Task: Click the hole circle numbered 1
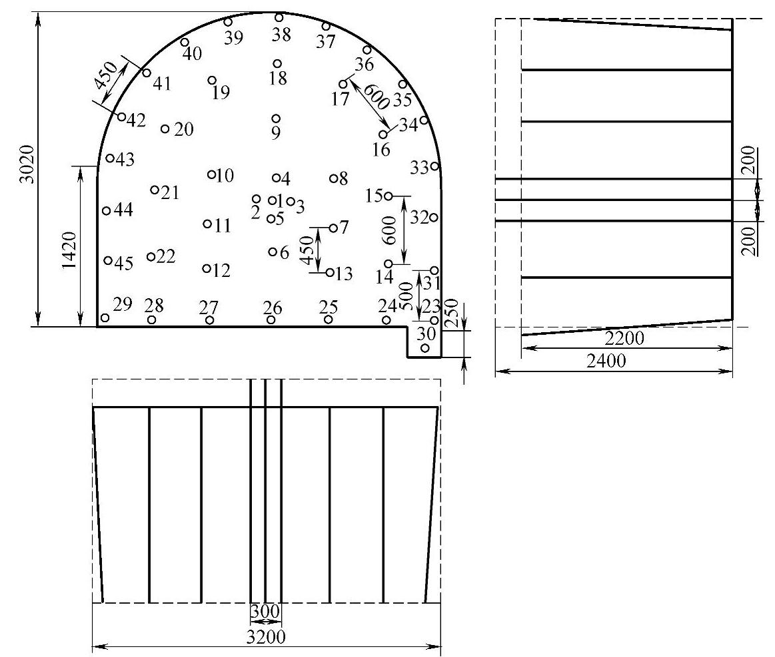click(x=273, y=200)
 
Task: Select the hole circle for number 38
click(x=279, y=18)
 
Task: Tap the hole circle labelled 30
click(x=425, y=348)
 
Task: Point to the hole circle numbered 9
click(x=277, y=118)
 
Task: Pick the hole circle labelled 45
click(x=108, y=260)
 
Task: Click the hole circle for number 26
click(x=271, y=320)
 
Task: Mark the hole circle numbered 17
click(x=343, y=84)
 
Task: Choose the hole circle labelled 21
click(x=155, y=190)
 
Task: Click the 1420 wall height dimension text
click(x=70, y=250)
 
